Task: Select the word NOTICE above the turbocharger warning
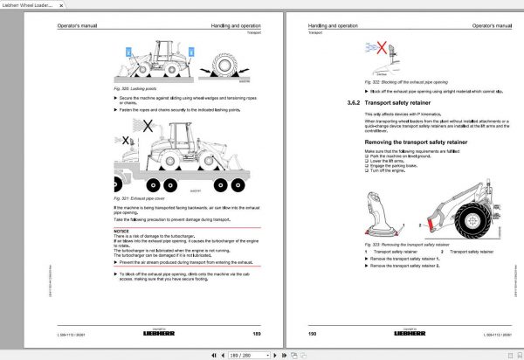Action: tap(121, 231)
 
